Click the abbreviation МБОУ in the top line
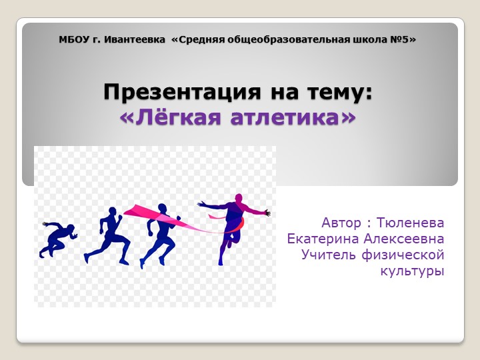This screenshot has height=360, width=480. pyautogui.click(x=73, y=39)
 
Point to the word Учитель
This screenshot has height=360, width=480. pyautogui.click(x=330, y=255)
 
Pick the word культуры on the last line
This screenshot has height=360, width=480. pyautogui.click(x=412, y=271)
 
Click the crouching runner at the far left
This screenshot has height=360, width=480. pyautogui.click(x=56, y=239)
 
